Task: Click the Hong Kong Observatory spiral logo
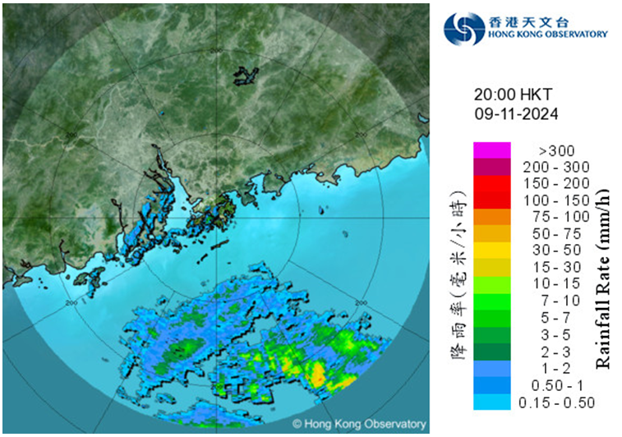coord(463,29)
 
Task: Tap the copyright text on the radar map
coord(360,424)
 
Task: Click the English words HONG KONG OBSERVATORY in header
coord(547,34)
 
